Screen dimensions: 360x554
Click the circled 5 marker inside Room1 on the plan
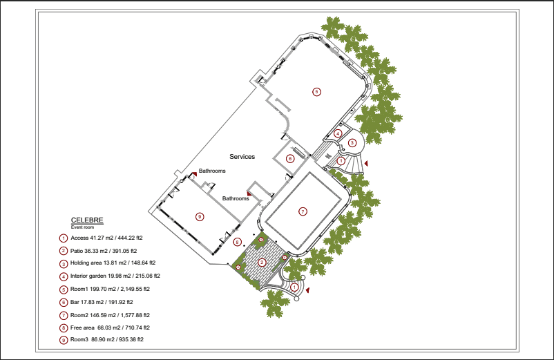point(316,91)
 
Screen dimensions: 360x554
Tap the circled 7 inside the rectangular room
point(302,211)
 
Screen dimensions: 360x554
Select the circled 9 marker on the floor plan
point(200,216)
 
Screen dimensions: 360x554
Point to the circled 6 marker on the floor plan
point(290,158)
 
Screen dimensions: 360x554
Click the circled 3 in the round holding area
point(352,143)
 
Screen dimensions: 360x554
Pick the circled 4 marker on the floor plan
point(338,133)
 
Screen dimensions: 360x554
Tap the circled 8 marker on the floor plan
point(237,242)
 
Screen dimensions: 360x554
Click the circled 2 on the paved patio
point(262,262)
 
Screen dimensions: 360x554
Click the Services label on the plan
point(242,157)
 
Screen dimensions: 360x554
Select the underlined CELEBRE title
point(87,220)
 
